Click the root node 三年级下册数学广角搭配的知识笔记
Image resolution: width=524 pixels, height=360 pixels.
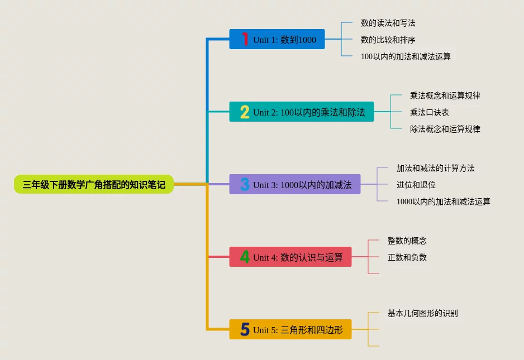[94, 184]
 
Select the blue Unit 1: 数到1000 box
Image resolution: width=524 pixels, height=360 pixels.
[277, 39]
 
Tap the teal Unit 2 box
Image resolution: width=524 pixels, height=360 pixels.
[302, 112]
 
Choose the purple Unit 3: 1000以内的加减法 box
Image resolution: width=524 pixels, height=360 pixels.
[295, 184]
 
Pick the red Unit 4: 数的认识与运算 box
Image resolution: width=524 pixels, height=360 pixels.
[290, 257]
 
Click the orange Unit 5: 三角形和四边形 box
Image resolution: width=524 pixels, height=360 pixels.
[290, 329]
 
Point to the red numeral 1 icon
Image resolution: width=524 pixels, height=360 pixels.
[245, 39]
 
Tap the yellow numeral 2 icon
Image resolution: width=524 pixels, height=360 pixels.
[245, 112]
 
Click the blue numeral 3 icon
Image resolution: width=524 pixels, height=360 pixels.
[245, 184]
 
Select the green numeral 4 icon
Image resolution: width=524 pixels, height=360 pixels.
[245, 257]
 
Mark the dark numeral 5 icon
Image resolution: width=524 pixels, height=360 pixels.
[245, 329]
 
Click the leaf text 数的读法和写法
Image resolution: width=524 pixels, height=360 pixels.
[388, 23]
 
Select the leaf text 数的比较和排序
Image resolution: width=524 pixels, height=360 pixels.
[388, 40]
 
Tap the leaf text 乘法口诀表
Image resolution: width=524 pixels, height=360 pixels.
[430, 112]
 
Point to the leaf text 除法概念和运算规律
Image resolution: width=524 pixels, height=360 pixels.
[445, 129]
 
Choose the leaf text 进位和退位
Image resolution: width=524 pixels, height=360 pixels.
[416, 185]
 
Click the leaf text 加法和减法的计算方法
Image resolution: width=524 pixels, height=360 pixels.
[436, 168]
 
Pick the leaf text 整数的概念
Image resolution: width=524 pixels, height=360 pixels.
[407, 241]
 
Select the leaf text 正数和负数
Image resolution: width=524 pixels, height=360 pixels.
[407, 257]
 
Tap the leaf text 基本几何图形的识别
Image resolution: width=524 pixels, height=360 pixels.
[423, 313]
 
